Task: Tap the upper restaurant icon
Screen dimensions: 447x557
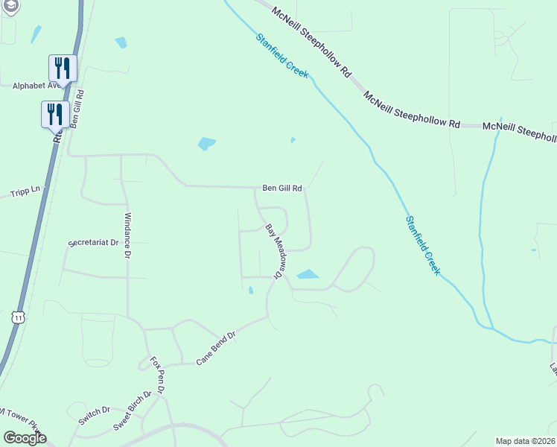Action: [62, 68]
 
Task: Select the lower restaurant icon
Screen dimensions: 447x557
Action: [54, 114]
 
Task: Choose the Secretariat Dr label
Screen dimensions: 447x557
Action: [93, 243]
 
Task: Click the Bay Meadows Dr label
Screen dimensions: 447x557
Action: [274, 251]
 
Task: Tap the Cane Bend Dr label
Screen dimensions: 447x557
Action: [216, 348]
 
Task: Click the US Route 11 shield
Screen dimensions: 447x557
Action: [18, 317]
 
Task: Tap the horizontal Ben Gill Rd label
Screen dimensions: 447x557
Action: [281, 189]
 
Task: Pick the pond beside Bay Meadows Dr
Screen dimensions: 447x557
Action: [308, 274]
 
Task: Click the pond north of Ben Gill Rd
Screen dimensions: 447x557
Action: [206, 143]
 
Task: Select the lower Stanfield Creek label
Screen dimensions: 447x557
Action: [422, 245]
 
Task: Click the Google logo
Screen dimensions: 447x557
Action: [25, 438]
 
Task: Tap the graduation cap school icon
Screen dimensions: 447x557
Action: [10, 5]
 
